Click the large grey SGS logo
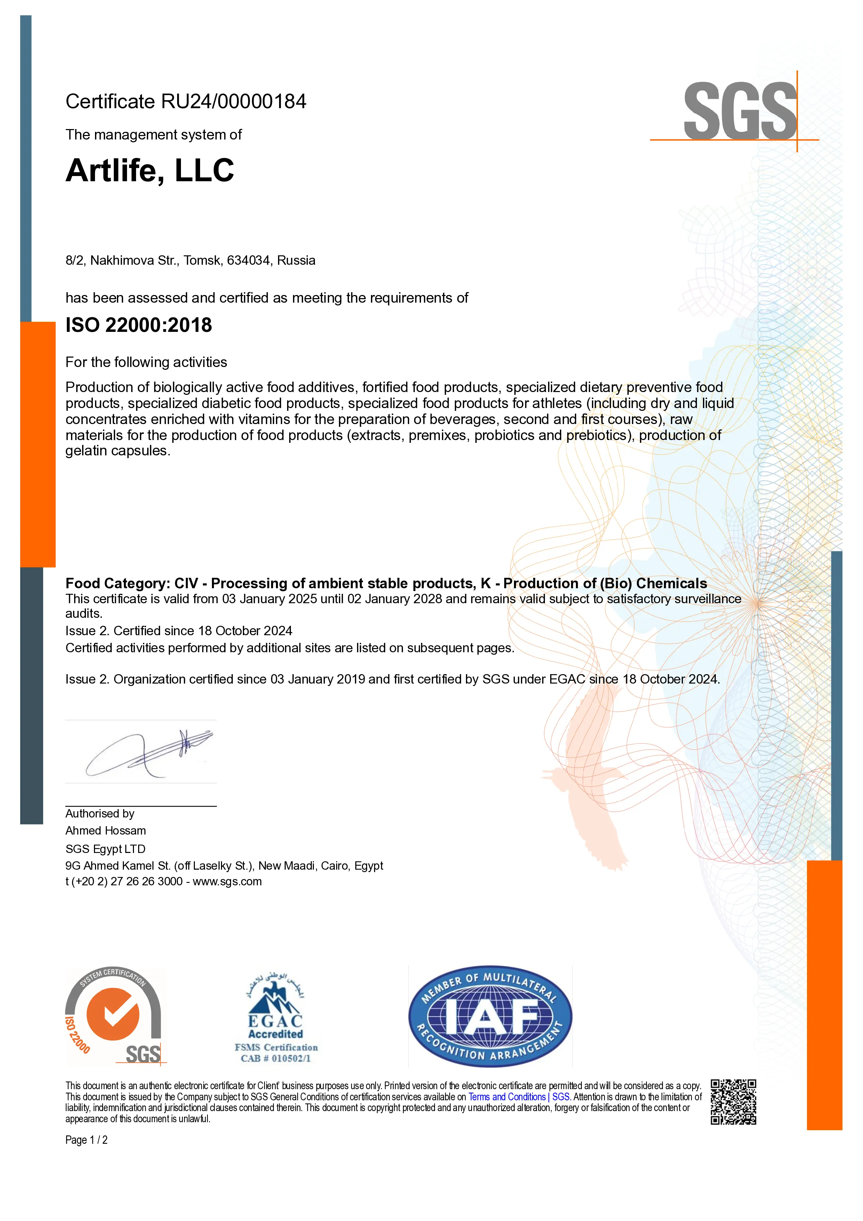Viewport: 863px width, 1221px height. tap(739, 111)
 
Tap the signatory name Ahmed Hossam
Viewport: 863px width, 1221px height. tap(105, 831)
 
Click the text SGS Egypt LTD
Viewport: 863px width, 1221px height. tap(105, 849)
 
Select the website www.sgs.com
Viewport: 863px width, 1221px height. tap(227, 882)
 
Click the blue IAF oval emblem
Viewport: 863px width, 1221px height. tap(490, 1016)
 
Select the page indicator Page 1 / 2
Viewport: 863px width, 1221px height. tap(86, 1140)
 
